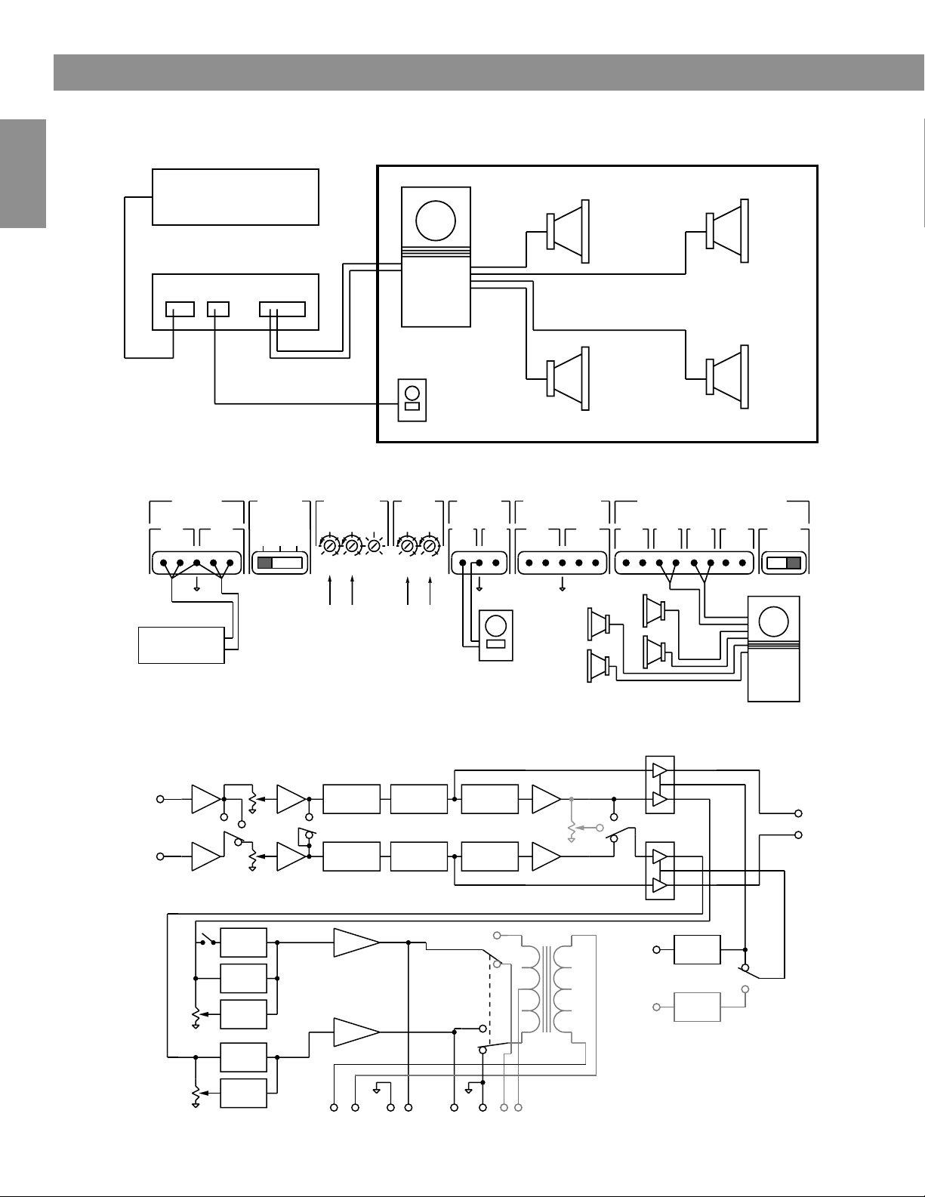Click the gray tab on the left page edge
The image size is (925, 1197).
(23, 173)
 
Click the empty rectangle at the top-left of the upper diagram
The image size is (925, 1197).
(235, 196)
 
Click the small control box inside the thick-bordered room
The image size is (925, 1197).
(412, 400)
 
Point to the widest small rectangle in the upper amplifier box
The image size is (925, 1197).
(282, 309)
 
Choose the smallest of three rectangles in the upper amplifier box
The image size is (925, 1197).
(218, 309)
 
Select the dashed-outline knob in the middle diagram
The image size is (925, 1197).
(374, 545)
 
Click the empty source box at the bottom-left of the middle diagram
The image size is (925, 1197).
(181, 644)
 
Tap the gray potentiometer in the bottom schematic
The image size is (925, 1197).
(572, 831)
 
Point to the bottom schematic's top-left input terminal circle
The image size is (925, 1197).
(160, 799)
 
